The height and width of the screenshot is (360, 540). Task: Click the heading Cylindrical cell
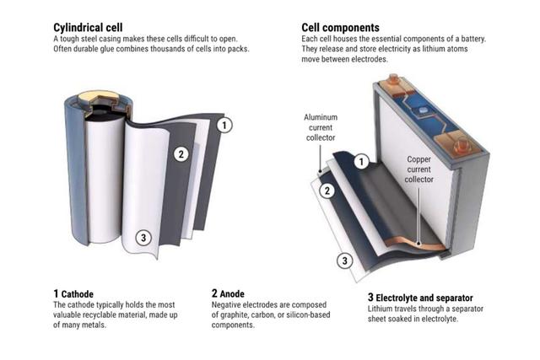[x=88, y=28]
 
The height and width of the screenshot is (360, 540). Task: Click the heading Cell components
[x=340, y=28]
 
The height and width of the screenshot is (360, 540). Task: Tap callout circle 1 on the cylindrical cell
[x=224, y=126]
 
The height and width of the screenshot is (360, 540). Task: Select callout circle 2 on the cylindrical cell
[x=181, y=154]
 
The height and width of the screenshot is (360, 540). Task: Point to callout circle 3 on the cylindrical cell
[x=143, y=238]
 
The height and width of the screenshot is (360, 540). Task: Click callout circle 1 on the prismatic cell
[x=361, y=161]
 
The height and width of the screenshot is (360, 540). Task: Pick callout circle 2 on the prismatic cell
[x=327, y=191]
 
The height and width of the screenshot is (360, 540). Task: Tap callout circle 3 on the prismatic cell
[x=345, y=261]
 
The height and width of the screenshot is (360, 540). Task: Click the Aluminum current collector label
[x=321, y=127]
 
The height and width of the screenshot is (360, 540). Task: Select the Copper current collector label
[x=418, y=169]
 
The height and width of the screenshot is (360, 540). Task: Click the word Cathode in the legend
[x=77, y=294]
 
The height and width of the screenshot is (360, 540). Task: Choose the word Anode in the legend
[x=232, y=294]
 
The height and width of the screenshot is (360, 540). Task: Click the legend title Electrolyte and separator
[x=424, y=298]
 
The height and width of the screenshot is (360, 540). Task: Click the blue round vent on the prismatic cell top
[x=422, y=110]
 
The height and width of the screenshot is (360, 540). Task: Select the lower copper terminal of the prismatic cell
[x=459, y=144]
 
